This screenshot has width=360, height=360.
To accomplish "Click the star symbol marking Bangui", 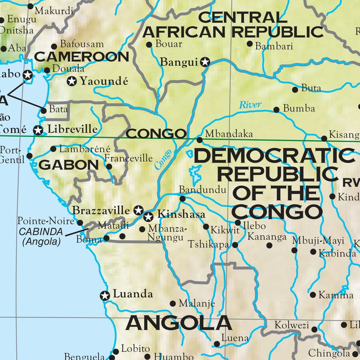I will (x=205, y=62).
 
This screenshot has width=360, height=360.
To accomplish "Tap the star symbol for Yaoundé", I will (x=72, y=81).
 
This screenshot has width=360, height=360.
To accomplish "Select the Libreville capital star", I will (x=38, y=130).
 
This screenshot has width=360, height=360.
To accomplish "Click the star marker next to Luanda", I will (x=105, y=296).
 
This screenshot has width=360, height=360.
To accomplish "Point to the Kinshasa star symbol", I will (x=148, y=217).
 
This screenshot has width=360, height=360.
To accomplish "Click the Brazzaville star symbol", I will (x=138, y=210).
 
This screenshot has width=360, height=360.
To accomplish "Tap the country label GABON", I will (x=69, y=165).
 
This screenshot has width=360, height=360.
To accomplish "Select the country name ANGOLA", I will (x=179, y=323).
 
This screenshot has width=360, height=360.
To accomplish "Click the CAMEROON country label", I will (x=82, y=57).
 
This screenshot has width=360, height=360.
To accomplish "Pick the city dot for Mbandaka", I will (x=200, y=140).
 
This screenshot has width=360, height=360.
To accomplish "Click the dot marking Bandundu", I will (x=183, y=199).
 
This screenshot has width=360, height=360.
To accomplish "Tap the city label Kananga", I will (x=267, y=237).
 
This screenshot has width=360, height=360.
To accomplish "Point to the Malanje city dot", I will (x=173, y=304).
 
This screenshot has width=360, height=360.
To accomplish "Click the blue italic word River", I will (x=250, y=105).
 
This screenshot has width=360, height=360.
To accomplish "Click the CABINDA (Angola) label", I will (x=41, y=237).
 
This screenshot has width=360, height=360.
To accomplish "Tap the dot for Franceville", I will (x=109, y=167).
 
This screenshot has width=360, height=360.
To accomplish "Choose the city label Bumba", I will (x=299, y=109).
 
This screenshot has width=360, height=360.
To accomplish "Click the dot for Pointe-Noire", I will (x=80, y=222).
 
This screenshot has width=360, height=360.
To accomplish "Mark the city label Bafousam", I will (x=82, y=44).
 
